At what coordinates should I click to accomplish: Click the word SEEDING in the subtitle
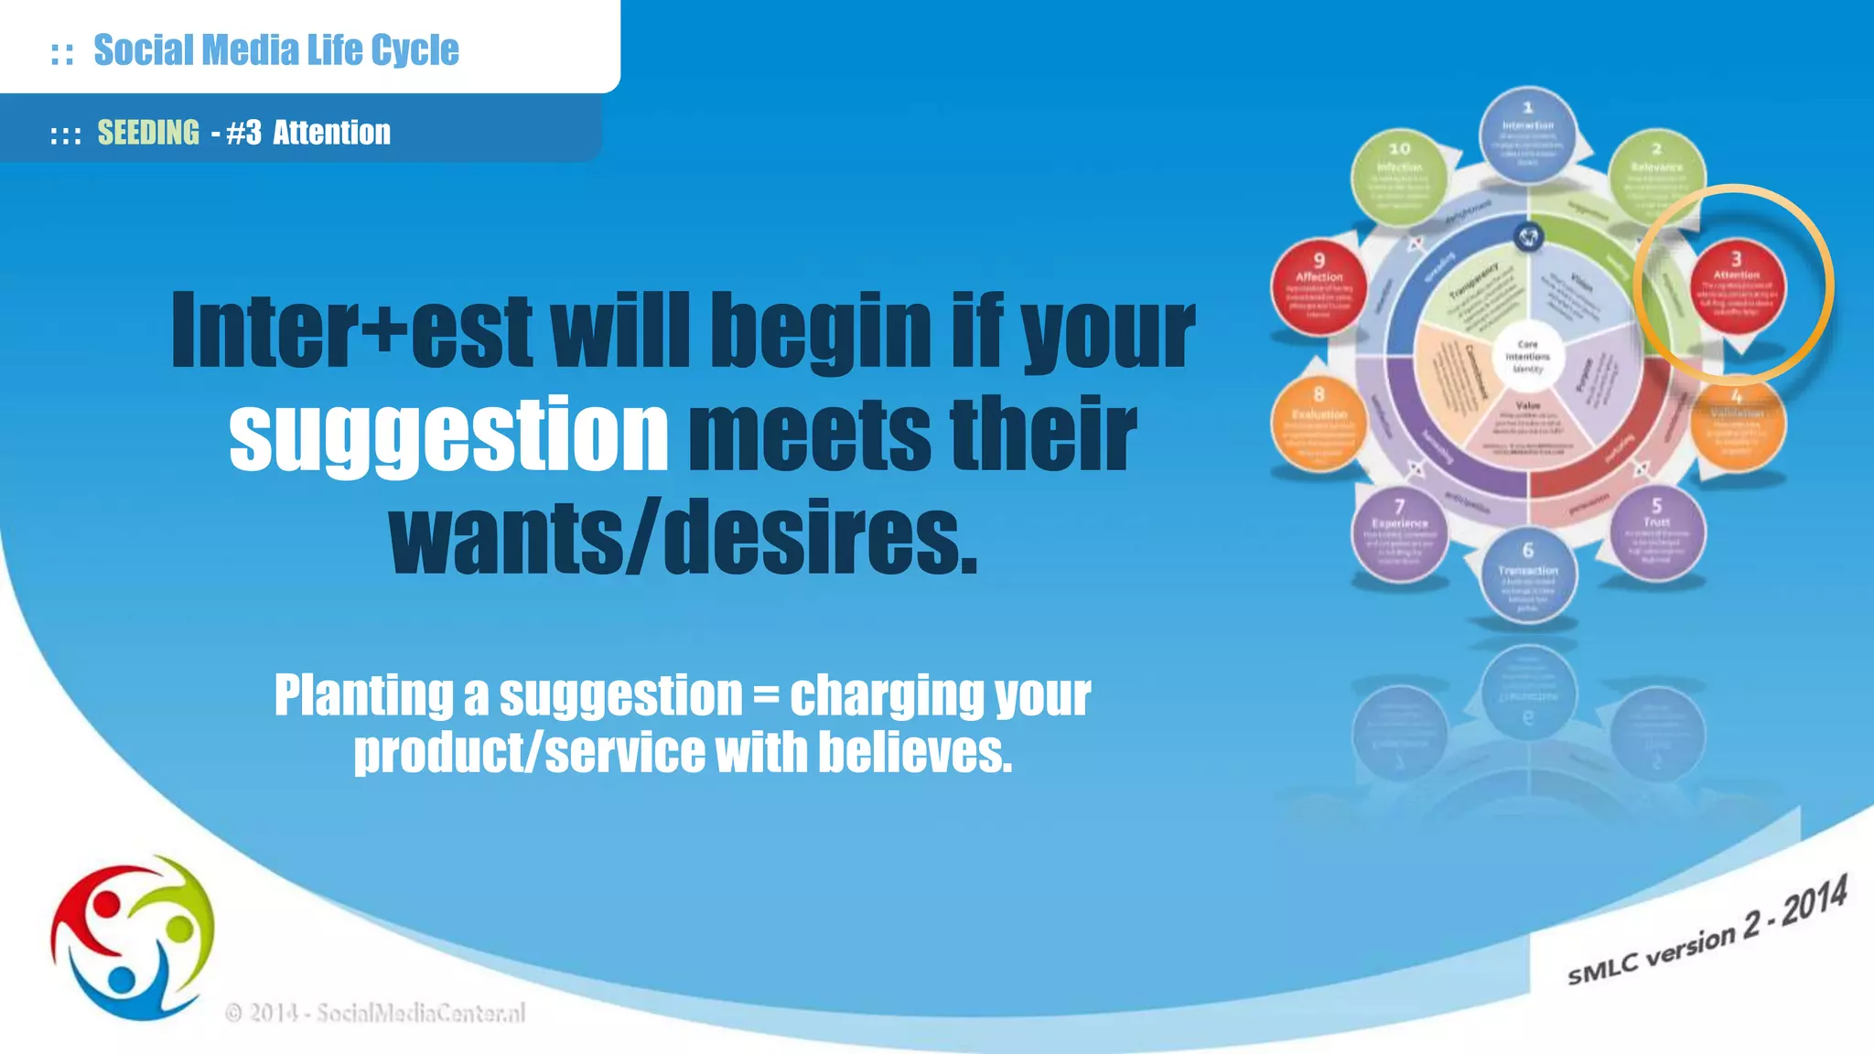click(148, 133)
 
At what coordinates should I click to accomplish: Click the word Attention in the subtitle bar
click(331, 133)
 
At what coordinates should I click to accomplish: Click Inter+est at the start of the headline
click(351, 331)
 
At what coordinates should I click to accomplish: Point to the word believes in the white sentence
click(914, 752)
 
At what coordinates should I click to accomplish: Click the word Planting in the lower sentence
click(363, 695)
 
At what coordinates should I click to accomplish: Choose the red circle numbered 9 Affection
click(1319, 287)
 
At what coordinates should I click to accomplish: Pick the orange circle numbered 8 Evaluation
click(1319, 424)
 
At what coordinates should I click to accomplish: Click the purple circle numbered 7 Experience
click(1399, 534)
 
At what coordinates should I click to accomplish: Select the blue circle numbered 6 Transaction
click(1527, 576)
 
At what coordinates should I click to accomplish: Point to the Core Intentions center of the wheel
click(1527, 357)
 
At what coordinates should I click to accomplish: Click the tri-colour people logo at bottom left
click(133, 938)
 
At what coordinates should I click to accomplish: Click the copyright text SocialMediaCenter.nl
click(420, 1013)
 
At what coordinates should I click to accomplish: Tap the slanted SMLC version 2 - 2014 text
click(1707, 931)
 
